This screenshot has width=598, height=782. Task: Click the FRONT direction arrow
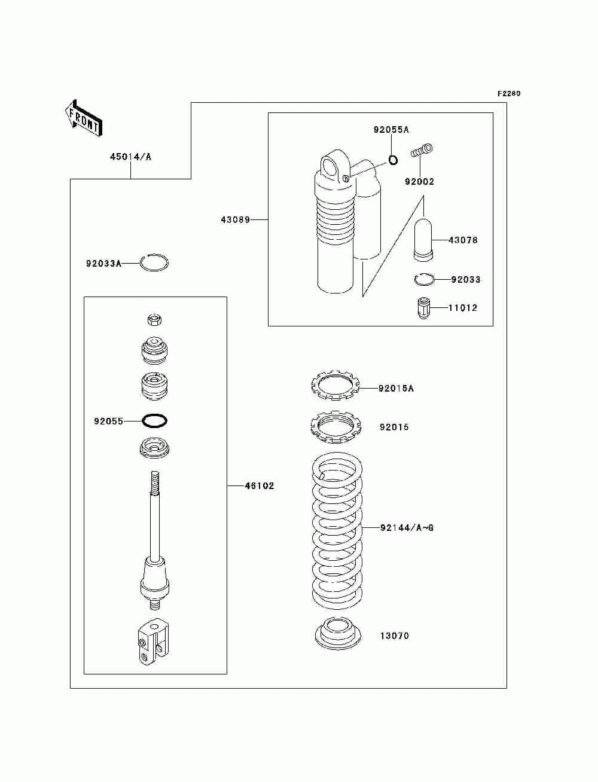coord(84,118)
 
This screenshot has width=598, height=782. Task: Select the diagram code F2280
coord(508,94)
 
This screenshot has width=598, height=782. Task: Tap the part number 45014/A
coord(130,157)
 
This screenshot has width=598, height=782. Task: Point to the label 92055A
coord(391,130)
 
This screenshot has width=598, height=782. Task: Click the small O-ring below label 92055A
coord(393,160)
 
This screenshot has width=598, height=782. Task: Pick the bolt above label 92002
coord(421,150)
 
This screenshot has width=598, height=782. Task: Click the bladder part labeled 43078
coord(423,240)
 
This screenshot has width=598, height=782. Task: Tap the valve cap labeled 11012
coord(423,308)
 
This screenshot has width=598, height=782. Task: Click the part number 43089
coord(235,220)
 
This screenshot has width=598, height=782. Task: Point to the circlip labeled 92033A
coord(154,263)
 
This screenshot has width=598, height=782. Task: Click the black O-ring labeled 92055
coord(154,421)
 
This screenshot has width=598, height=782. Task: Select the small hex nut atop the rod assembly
coord(154,320)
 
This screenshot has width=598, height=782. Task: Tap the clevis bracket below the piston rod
coord(153,642)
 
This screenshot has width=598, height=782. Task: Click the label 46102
coord(260,485)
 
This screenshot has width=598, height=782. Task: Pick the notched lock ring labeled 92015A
coord(334,386)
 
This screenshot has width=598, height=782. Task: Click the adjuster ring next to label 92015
coord(335,426)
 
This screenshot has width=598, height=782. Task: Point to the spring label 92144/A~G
coord(407,527)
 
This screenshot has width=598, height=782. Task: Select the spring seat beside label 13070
coord(338,636)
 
